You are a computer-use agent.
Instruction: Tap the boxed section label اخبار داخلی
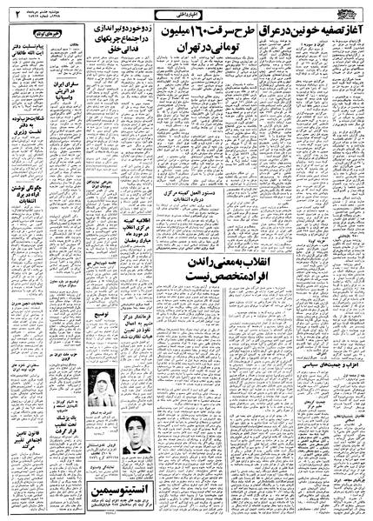click(x=186, y=14)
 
